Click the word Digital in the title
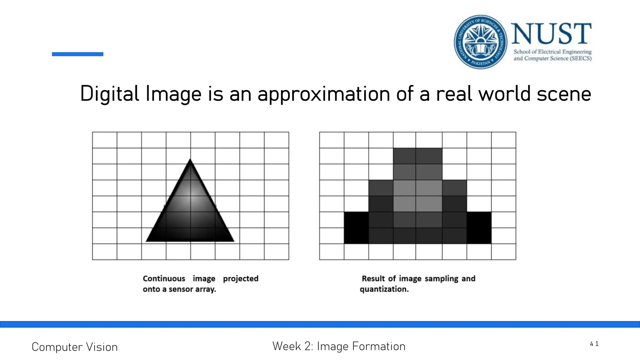tap(110, 94)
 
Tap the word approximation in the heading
tap(323, 94)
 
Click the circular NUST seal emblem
tap(480, 42)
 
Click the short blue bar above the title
tap(77, 54)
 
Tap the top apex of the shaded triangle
tap(190, 160)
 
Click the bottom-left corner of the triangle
tap(147, 241)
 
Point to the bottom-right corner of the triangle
tap(233, 241)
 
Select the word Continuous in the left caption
tap(164, 278)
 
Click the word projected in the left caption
tap(241, 278)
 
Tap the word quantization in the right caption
tap(384, 289)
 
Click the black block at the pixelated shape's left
tap(356, 228)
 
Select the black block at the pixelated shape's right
tap(479, 228)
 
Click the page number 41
tap(594, 344)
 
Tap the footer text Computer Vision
tap(75, 347)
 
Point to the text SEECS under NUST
tap(581, 58)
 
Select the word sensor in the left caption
tap(181, 289)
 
